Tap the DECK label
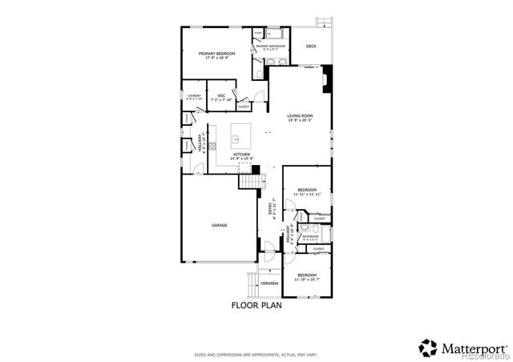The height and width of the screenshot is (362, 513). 311,46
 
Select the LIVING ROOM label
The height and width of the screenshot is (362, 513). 301,116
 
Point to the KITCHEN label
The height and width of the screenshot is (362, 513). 241,154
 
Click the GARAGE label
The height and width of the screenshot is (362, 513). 219,225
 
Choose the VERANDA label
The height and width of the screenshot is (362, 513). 269,283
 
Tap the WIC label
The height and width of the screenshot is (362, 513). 220,96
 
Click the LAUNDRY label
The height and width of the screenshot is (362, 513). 194,96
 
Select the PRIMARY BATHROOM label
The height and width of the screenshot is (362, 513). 271,46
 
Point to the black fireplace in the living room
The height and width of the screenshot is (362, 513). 325,79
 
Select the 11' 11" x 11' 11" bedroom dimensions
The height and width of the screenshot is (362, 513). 307,195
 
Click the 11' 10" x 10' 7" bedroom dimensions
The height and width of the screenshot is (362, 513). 307,280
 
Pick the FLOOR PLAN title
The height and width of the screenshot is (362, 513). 256,305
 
